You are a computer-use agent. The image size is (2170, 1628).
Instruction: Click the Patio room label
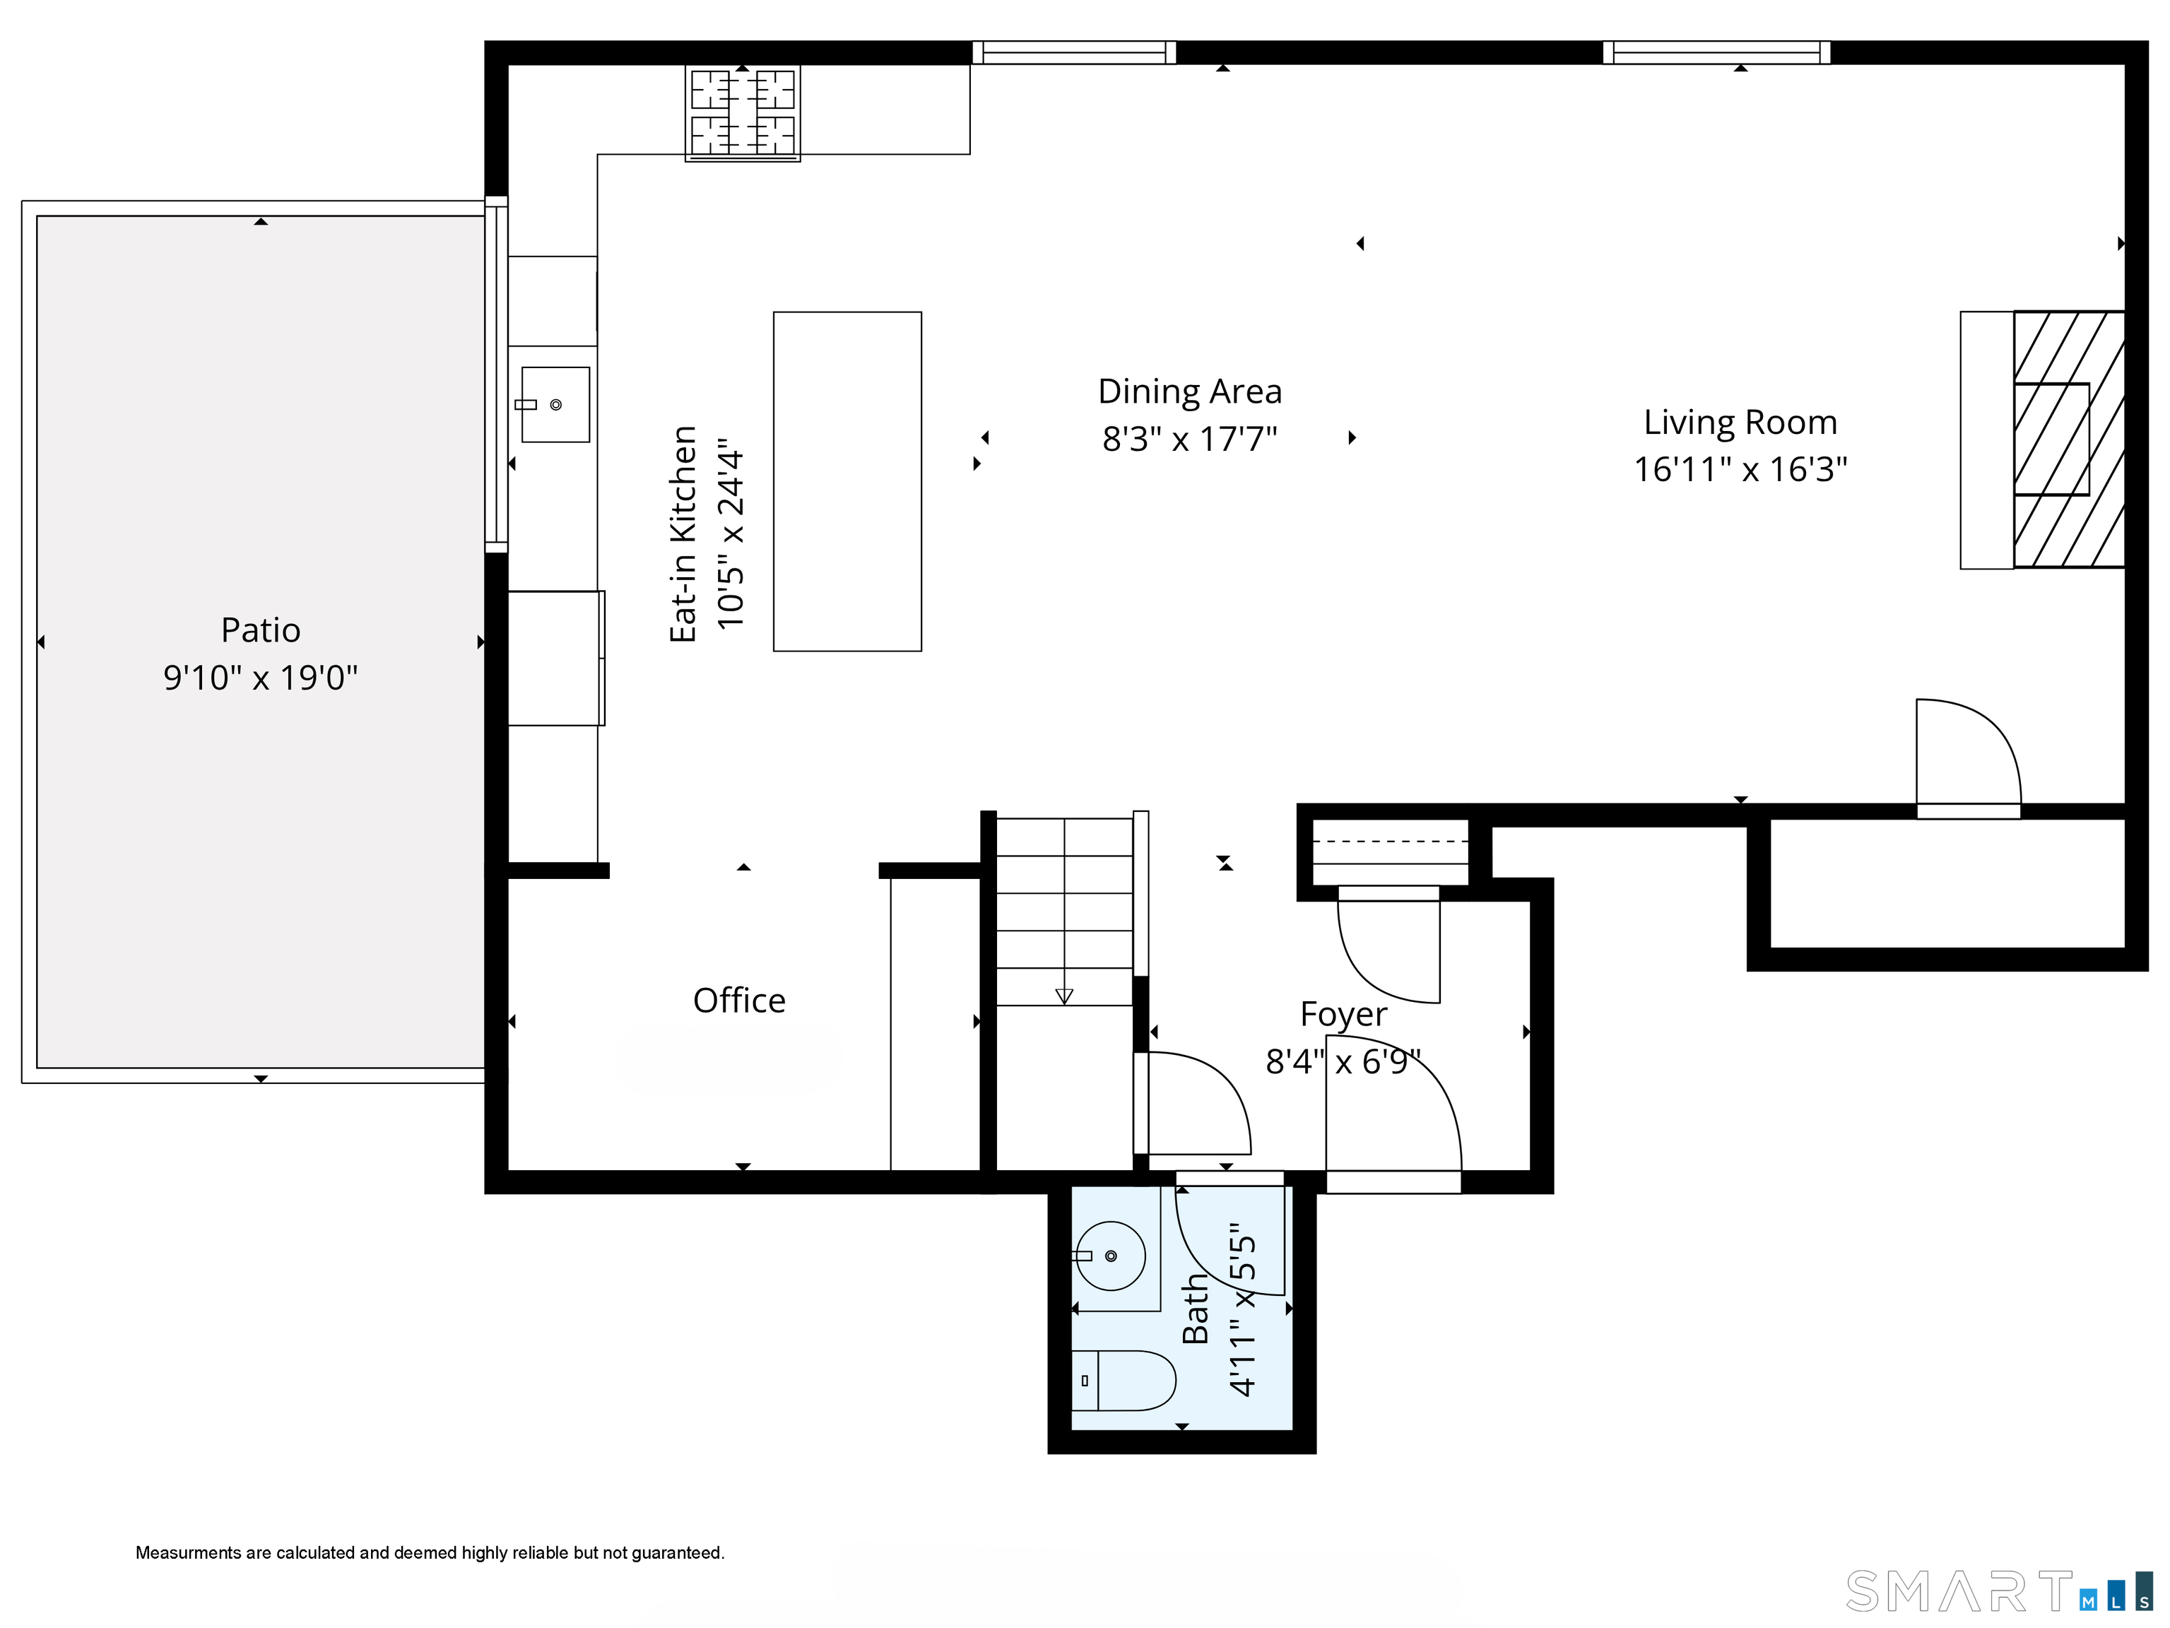click(x=260, y=630)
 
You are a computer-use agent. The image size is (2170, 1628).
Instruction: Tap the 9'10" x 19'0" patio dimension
click(x=260, y=678)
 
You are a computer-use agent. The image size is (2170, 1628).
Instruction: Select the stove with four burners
click(x=743, y=113)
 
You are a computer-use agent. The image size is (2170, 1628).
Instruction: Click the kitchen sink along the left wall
click(x=555, y=404)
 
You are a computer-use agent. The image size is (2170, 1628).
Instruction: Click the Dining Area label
click(x=1189, y=391)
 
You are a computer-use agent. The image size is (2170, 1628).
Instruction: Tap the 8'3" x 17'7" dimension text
click(x=1189, y=438)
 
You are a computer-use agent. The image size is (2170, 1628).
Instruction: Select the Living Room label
click(x=1740, y=422)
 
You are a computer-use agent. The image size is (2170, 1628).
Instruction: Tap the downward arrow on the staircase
click(x=1063, y=996)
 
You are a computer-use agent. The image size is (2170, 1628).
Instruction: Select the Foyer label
click(x=1343, y=1014)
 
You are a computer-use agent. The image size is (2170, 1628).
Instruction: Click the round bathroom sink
click(x=1111, y=1256)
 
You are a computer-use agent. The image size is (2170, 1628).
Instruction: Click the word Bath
click(x=1195, y=1309)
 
